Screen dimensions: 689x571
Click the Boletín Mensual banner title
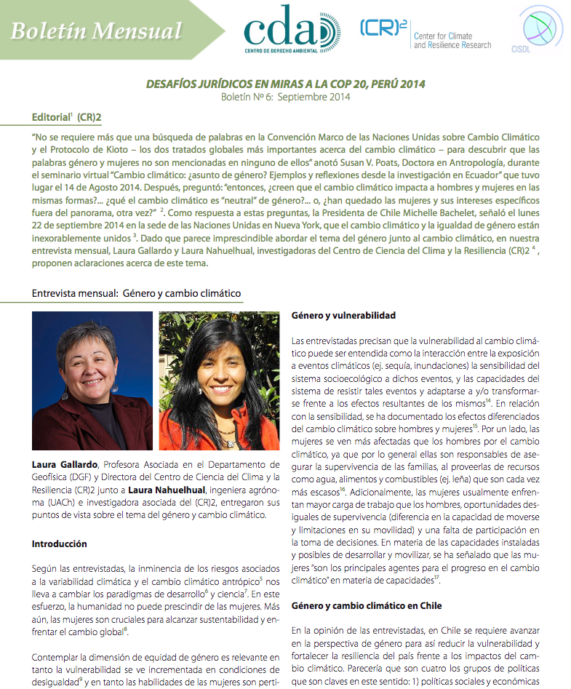[x=96, y=31]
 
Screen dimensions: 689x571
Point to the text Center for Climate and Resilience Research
[x=452, y=41]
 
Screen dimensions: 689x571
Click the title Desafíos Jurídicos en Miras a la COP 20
[x=285, y=84]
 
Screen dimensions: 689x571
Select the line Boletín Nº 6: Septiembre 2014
[x=285, y=96]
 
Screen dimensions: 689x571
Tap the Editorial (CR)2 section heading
[x=66, y=117]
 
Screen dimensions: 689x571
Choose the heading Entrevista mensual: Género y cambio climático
[x=136, y=293]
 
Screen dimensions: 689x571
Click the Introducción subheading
[x=60, y=543]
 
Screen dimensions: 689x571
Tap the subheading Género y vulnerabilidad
[x=343, y=315]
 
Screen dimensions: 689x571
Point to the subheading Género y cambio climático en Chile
[x=366, y=605]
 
